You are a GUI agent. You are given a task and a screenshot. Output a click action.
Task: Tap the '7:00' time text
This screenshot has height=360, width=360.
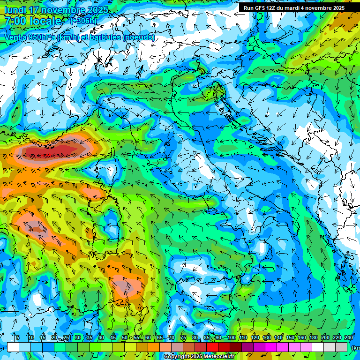click(16, 21)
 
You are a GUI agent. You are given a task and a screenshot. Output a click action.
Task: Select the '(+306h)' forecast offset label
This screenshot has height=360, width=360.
click(83, 21)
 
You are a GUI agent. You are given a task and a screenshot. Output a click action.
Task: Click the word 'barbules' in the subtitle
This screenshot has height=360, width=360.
click(102, 37)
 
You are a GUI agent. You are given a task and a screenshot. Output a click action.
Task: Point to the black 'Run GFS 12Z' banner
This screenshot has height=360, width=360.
click(293, 8)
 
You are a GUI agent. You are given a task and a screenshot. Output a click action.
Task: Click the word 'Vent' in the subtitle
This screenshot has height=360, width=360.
click(14, 37)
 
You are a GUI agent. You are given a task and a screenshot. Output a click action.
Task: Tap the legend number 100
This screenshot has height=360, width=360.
click(231, 337)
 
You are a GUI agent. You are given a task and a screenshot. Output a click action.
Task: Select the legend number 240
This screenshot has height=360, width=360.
click(348, 337)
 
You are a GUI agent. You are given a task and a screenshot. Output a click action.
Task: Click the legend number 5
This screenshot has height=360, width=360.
click(17, 337)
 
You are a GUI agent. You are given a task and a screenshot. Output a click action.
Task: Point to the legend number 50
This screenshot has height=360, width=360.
click(125, 337)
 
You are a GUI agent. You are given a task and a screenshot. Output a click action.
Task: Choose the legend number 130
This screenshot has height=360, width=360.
click(266, 337)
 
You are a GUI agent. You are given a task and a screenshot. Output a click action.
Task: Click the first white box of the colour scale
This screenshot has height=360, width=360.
click(13, 347)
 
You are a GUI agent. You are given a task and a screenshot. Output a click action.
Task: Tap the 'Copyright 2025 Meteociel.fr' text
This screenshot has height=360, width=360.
click(199, 357)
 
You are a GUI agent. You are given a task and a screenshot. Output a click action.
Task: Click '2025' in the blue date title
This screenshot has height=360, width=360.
click(97, 10)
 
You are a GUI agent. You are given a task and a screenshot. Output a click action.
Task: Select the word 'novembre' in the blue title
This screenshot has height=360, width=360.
click(62, 10)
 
